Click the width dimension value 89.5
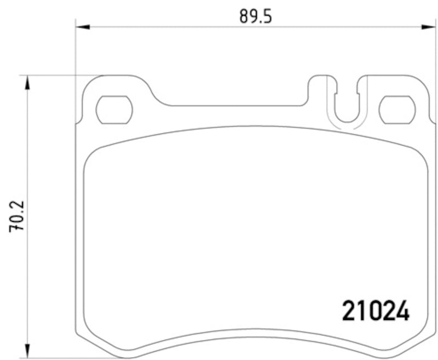[255, 16]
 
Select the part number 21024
[376, 312]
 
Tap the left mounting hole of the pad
[114, 109]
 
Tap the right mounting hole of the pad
[397, 109]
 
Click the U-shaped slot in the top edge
[346, 104]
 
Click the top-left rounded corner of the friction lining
[91, 156]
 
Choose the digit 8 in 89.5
[244, 16]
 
